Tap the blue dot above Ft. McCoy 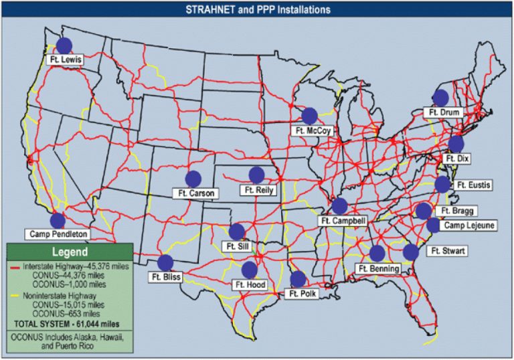point(309,116)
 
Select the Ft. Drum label point(444,113)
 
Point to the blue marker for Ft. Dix point(456,144)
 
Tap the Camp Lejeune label point(469,226)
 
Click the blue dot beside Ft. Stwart point(411,252)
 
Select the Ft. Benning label point(379,269)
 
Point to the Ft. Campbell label point(343,221)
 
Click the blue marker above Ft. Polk point(298,278)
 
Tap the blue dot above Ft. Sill point(237,232)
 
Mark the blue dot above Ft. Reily point(256,175)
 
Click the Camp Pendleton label point(59,234)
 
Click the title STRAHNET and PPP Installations point(257,10)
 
